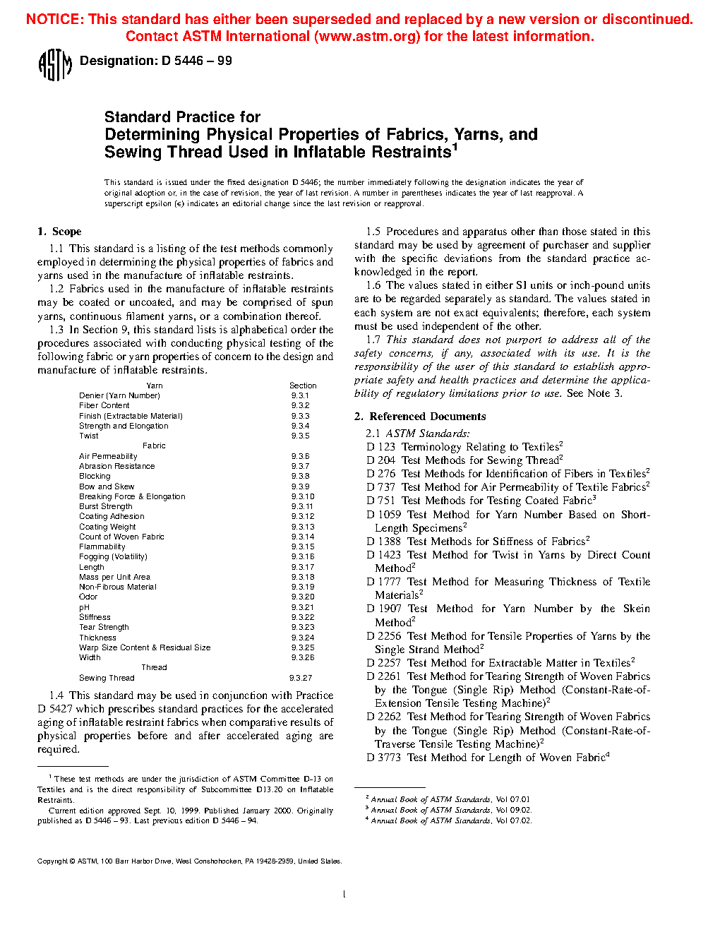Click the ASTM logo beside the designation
pos(55,65)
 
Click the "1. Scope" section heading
pos(59,232)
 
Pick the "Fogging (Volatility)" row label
pos(113,556)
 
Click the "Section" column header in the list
pos(303,386)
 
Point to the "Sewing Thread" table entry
pos(107,678)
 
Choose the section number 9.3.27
pos(301,678)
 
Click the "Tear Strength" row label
pos(104,627)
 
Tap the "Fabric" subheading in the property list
pos(154,446)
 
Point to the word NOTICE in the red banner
pos(53,19)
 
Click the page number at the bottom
pos(344,895)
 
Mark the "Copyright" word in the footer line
pos(52,861)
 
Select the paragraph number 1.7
pos(373,340)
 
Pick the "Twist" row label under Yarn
pos(89,436)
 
